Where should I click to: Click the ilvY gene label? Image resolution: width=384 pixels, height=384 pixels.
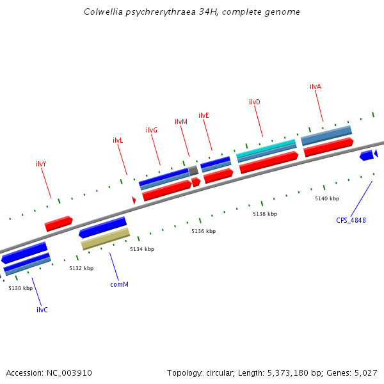click(x=41, y=164)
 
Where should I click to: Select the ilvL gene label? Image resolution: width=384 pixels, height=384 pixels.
click(x=118, y=140)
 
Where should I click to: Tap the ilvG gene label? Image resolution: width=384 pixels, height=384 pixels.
click(x=152, y=130)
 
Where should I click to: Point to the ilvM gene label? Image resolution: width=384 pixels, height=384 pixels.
click(x=181, y=122)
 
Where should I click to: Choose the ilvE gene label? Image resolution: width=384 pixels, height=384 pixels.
click(x=204, y=115)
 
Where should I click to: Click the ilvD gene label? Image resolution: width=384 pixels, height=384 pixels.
click(x=254, y=102)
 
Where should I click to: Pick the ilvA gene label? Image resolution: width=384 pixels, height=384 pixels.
click(x=316, y=86)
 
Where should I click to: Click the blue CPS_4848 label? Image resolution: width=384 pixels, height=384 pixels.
click(x=351, y=220)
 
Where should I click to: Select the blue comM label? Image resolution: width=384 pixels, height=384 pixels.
click(x=119, y=284)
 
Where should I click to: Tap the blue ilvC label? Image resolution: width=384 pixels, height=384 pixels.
click(x=42, y=310)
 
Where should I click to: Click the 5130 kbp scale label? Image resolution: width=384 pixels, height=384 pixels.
click(x=20, y=289)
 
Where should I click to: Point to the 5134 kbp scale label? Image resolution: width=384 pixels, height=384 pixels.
click(x=142, y=249)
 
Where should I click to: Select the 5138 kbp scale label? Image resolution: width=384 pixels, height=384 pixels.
click(x=265, y=214)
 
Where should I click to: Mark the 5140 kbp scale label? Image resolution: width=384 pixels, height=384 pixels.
click(x=327, y=198)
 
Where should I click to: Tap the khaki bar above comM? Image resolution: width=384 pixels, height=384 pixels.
click(x=106, y=238)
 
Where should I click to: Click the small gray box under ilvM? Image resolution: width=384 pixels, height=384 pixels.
click(x=193, y=170)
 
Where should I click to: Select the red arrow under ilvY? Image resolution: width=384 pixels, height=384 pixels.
click(x=58, y=223)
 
